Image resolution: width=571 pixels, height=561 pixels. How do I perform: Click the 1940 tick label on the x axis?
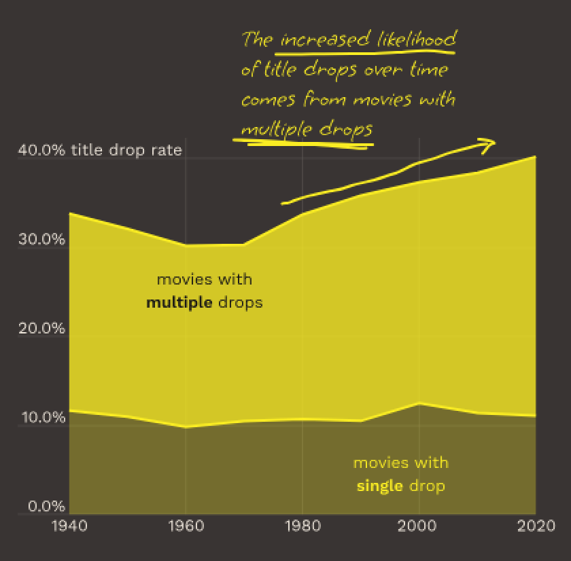click(x=69, y=526)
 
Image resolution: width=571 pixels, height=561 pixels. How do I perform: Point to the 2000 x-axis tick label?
click(x=419, y=526)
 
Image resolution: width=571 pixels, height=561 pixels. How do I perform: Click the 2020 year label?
click(x=535, y=526)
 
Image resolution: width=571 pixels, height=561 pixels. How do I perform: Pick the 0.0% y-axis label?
click(x=43, y=506)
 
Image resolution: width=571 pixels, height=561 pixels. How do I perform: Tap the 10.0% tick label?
click(x=43, y=417)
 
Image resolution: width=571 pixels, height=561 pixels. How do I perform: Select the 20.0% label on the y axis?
click(x=43, y=328)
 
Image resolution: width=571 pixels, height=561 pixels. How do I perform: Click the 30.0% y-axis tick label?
click(x=43, y=240)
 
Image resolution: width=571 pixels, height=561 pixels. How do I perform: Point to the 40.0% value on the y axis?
click(x=43, y=150)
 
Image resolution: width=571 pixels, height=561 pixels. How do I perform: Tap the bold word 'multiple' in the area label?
click(x=179, y=302)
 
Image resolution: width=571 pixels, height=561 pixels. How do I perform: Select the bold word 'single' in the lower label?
click(x=379, y=486)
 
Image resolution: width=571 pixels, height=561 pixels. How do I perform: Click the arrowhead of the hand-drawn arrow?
click(x=490, y=142)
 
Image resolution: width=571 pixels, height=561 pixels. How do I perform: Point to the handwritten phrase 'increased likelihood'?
click(x=367, y=39)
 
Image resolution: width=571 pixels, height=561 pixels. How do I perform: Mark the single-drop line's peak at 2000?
click(x=419, y=403)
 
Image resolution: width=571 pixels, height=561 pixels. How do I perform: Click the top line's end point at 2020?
click(x=535, y=156)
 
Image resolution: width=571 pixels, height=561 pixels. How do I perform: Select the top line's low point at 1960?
click(x=186, y=245)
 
